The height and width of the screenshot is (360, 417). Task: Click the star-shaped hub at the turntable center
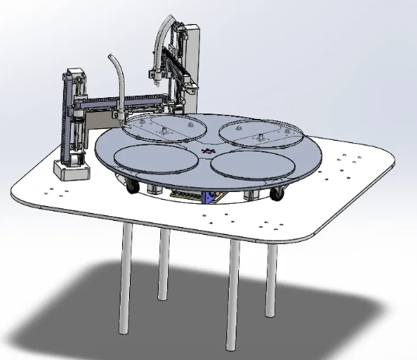pos(207,150)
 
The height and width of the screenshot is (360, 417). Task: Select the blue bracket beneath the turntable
pos(207,197)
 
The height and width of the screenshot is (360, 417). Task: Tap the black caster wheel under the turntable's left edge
pos(131,187)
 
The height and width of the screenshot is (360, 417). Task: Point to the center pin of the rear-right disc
pos(259,132)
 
